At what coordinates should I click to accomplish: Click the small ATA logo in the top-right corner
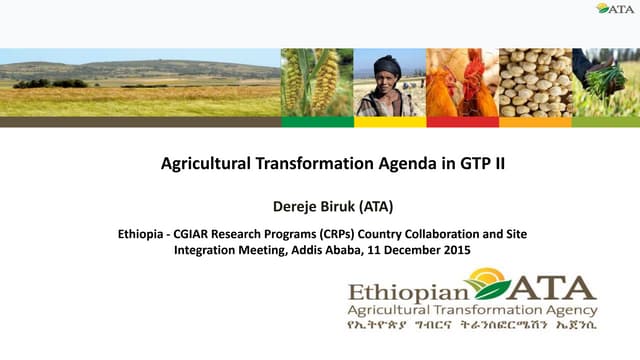(x=615, y=8)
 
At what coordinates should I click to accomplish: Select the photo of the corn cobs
(x=316, y=82)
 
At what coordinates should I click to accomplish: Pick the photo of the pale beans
(x=534, y=82)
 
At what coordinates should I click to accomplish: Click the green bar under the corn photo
(x=316, y=122)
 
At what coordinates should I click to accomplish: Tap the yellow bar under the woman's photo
(x=389, y=122)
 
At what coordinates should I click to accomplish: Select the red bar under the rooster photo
(x=462, y=122)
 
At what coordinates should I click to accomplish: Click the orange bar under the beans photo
(x=534, y=122)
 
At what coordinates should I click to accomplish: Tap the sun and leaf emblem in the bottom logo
(x=492, y=284)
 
